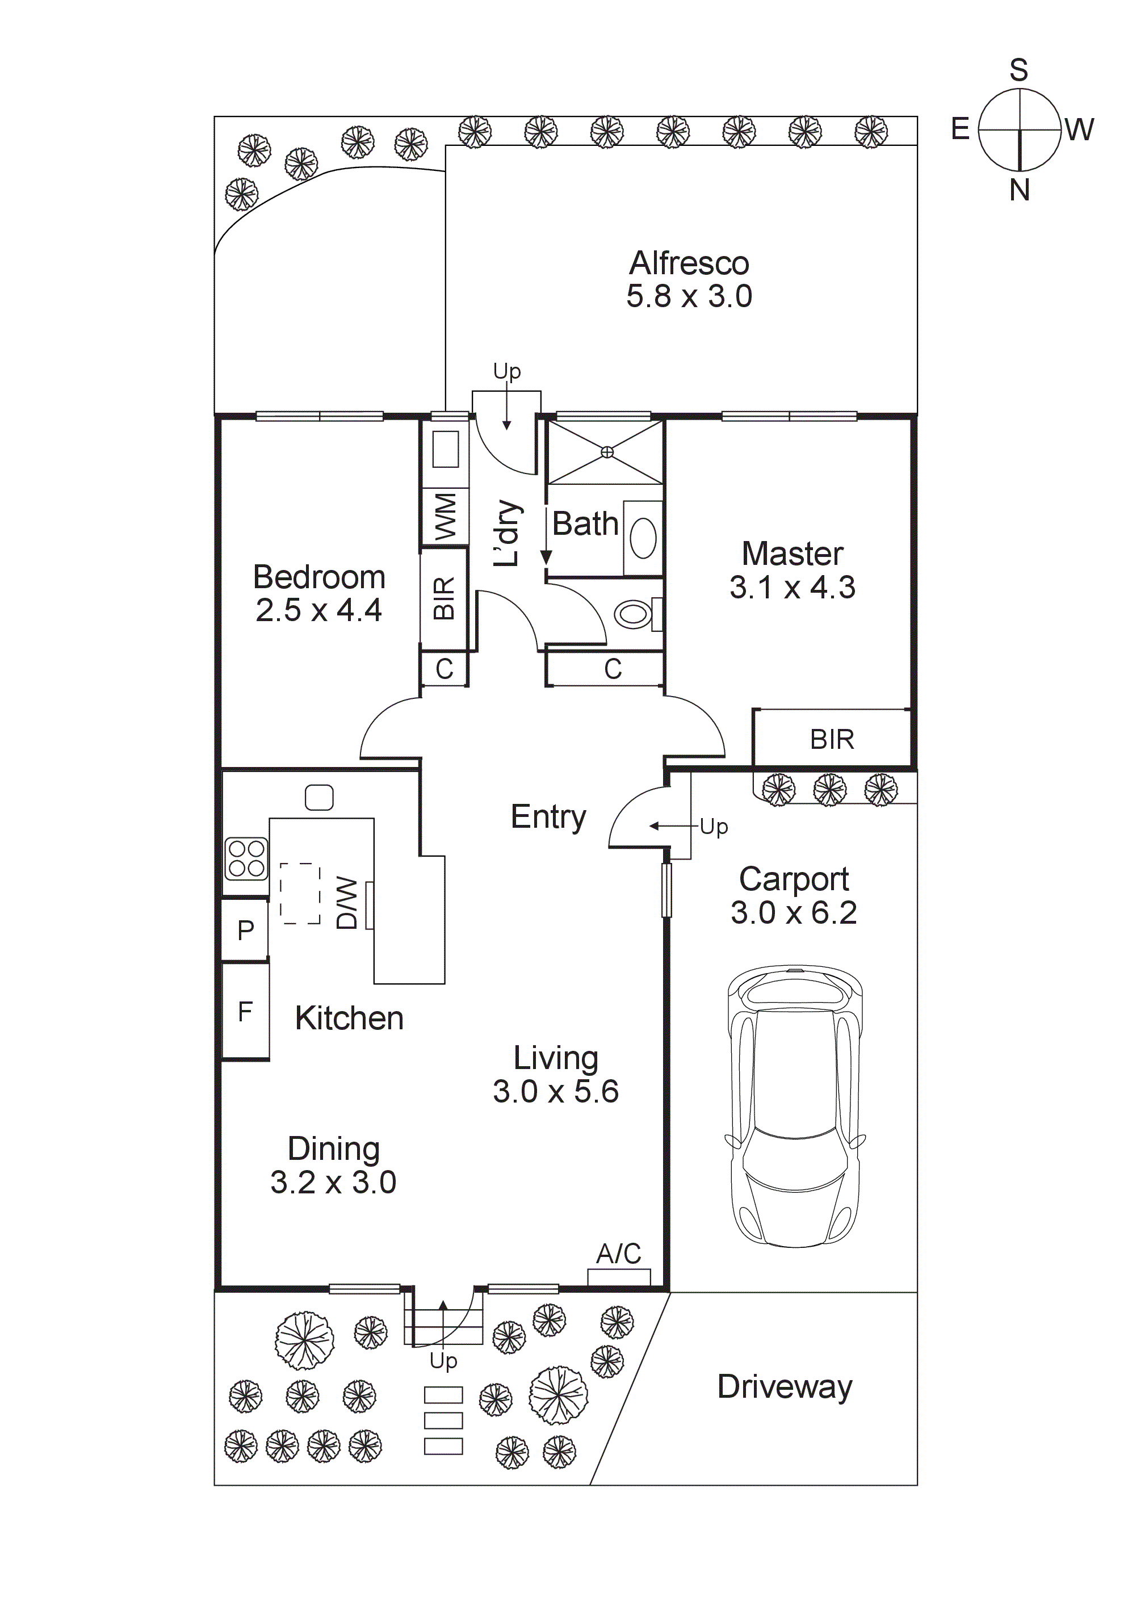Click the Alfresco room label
(x=689, y=263)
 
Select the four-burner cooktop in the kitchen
(x=246, y=858)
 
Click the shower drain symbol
(x=607, y=452)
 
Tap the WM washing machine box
(x=445, y=517)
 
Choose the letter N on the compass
(x=1019, y=190)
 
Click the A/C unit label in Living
(x=618, y=1254)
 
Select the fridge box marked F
(x=245, y=1011)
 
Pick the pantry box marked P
(x=245, y=930)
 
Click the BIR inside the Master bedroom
(x=831, y=739)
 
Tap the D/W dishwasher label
(x=347, y=904)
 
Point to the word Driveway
(x=784, y=1386)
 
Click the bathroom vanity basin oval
(x=643, y=538)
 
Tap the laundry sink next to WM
(x=445, y=449)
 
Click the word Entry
(x=548, y=816)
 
